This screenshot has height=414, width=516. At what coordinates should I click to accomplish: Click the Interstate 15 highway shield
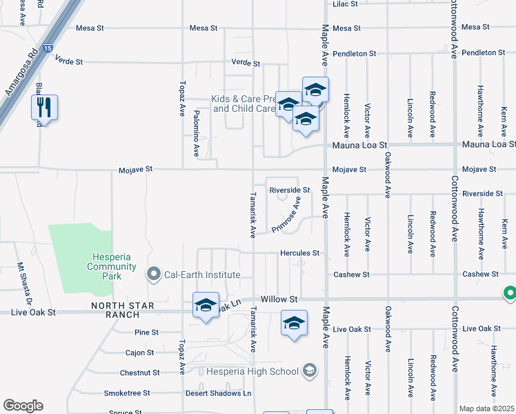(x=47, y=48)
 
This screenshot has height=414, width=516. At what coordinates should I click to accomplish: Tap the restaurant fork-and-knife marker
(x=44, y=108)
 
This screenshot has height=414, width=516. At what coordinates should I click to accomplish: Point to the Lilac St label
(x=345, y=3)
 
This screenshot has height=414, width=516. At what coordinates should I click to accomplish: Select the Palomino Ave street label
(x=196, y=131)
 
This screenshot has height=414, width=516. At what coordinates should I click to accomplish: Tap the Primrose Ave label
(x=286, y=214)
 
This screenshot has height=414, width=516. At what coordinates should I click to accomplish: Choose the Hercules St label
(x=299, y=253)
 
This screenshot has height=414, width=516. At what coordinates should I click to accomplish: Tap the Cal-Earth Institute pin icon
(x=154, y=275)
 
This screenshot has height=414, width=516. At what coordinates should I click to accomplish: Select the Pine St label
(x=146, y=333)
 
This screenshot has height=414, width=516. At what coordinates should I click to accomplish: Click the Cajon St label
(x=139, y=353)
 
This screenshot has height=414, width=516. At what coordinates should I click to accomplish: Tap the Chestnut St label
(x=139, y=373)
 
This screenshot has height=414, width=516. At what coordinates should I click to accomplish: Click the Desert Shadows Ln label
(x=218, y=393)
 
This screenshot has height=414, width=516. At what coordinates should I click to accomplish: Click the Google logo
(x=23, y=406)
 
